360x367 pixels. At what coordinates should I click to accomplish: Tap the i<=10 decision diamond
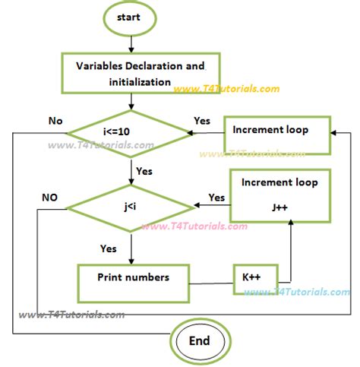(x=131, y=131)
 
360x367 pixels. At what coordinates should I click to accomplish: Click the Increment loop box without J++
(x=276, y=131)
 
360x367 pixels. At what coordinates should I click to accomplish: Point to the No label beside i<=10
(x=55, y=119)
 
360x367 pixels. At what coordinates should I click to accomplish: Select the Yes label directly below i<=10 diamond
(x=144, y=171)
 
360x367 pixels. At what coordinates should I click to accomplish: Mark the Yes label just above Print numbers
(x=109, y=248)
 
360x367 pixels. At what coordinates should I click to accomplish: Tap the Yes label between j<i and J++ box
(x=216, y=198)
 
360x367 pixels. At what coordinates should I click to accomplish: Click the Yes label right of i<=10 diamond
(x=201, y=120)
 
